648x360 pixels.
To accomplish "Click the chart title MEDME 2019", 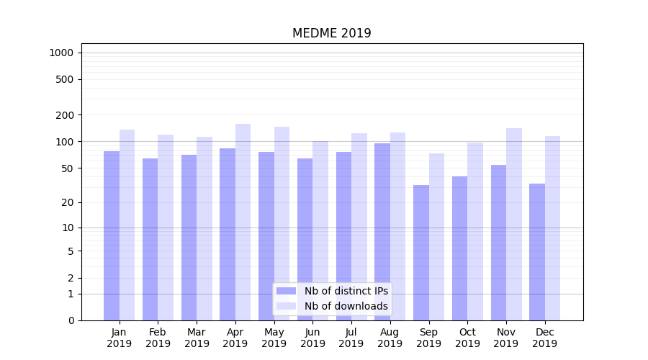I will click(x=331, y=33).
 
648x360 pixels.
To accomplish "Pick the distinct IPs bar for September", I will click(x=421, y=252).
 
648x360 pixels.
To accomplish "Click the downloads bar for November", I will click(x=514, y=224).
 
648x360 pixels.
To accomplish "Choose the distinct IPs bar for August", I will click(x=382, y=231).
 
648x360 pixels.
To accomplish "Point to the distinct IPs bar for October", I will click(x=460, y=248).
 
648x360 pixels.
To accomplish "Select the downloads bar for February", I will click(x=166, y=228).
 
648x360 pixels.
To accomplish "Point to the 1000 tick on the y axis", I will click(x=61, y=53).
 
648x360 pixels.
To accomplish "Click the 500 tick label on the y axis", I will click(x=65, y=79).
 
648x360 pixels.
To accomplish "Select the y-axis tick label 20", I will click(x=68, y=202).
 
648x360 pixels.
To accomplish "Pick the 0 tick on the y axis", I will click(x=71, y=320).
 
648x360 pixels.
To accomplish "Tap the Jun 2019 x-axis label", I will click(x=312, y=338).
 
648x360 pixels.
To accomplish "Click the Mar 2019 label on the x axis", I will click(x=197, y=338).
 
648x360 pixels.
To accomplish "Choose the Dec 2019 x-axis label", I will click(x=544, y=338).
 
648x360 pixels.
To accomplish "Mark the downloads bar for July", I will click(x=359, y=227).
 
